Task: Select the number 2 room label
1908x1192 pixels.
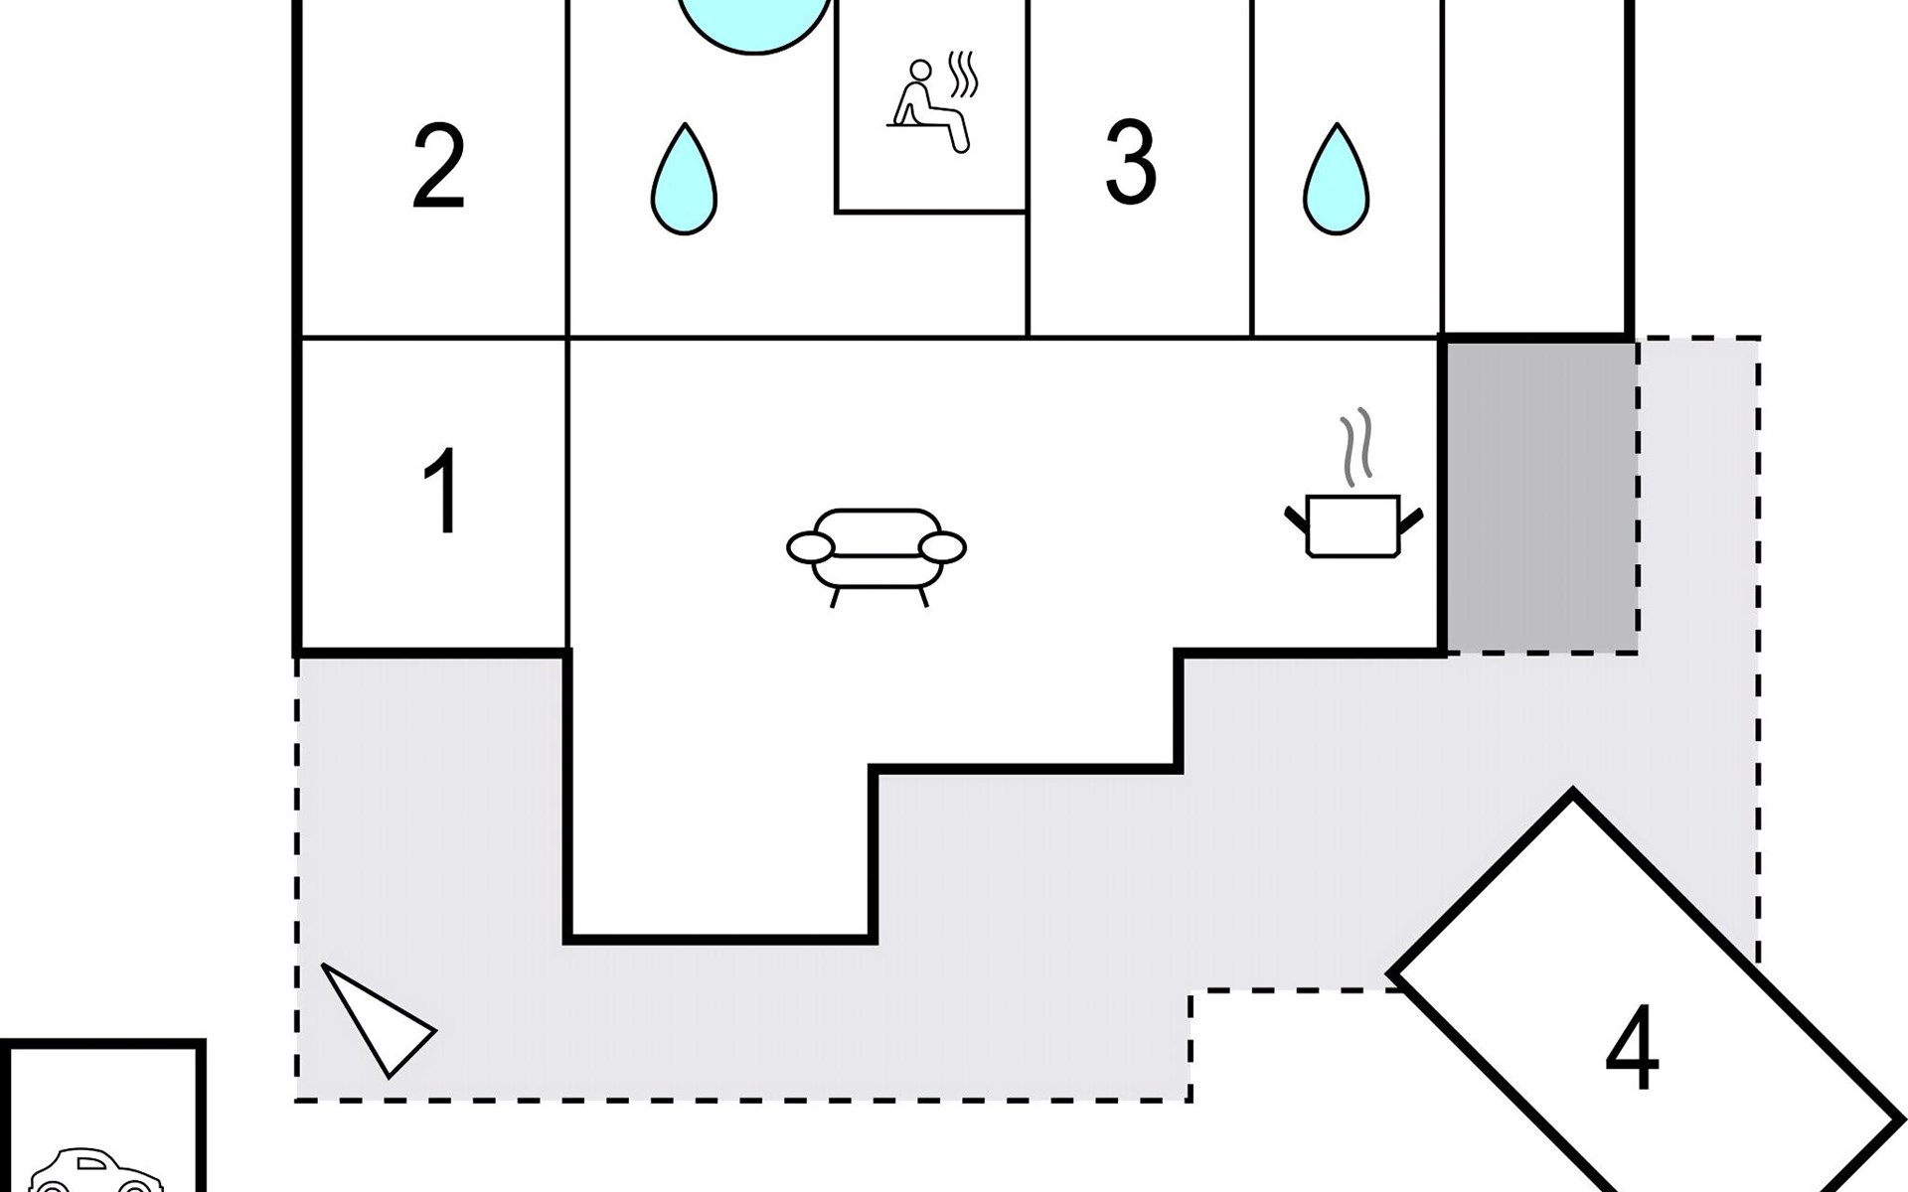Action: coord(438,166)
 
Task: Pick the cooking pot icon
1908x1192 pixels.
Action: coord(1352,524)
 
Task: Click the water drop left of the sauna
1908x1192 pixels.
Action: coord(684,181)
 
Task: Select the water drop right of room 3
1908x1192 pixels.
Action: coord(1337,181)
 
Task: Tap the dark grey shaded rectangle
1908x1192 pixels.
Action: coord(1539,497)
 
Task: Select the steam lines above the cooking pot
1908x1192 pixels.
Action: coord(1355,447)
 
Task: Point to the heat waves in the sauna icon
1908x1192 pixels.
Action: coord(962,72)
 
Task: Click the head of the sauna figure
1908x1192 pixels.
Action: coord(921,70)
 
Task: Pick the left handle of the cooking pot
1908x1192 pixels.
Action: coord(1295,518)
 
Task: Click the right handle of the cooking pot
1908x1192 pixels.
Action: coord(1411,518)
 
